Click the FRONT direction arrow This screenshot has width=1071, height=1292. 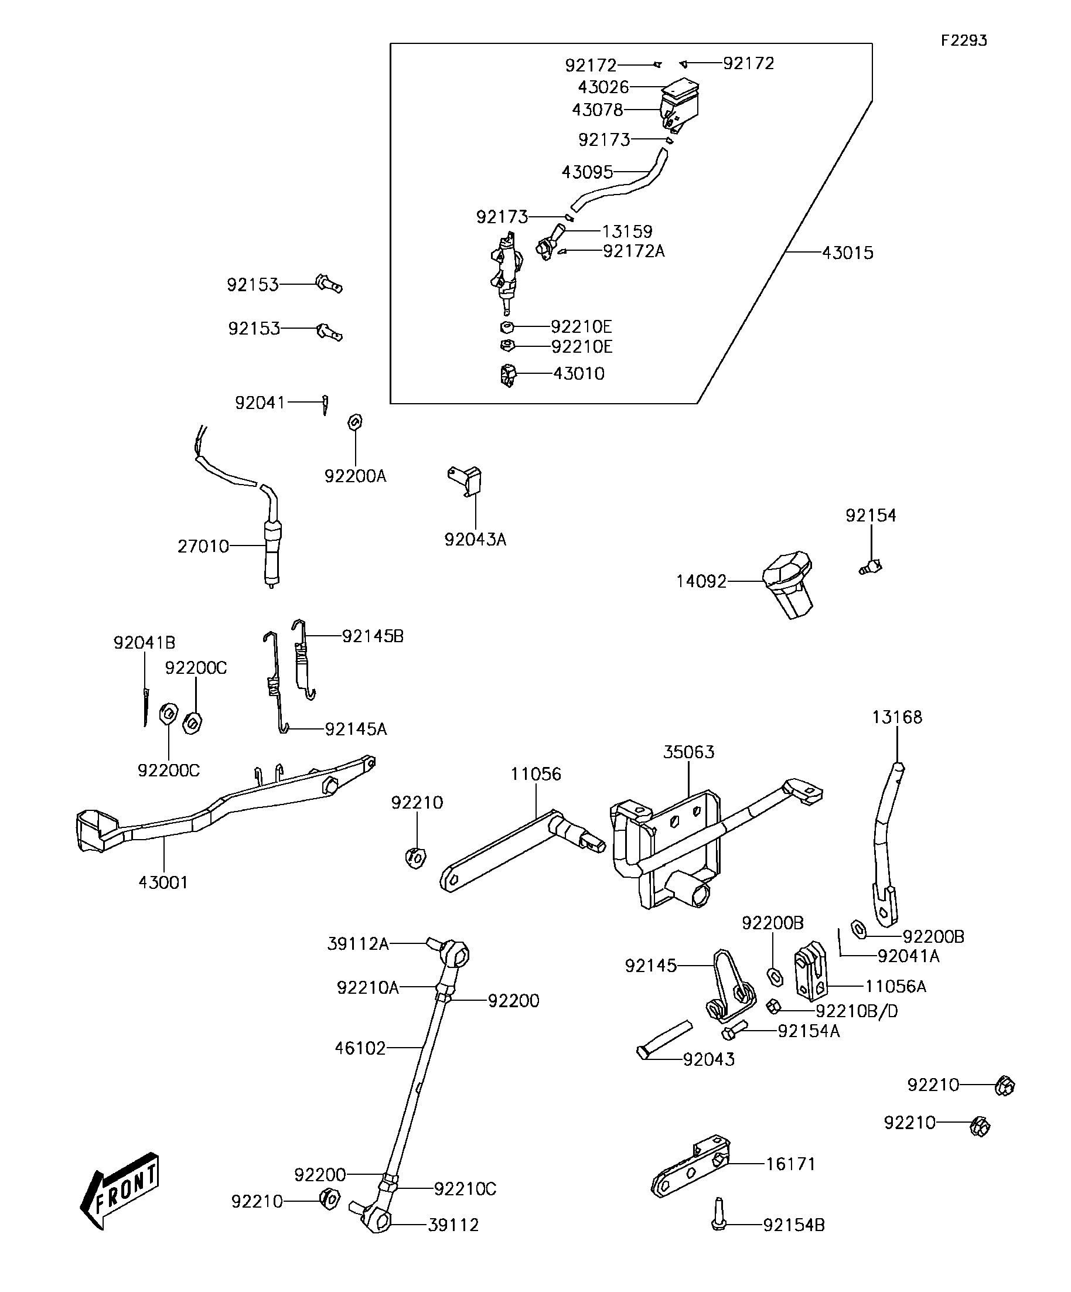coord(120,1190)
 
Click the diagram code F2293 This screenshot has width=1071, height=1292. coord(964,40)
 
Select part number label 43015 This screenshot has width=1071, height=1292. coord(848,253)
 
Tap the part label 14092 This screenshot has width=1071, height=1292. coord(701,581)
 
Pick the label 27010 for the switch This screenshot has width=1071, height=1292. coord(203,546)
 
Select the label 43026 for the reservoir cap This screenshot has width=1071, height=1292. coord(603,87)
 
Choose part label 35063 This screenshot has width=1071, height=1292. coord(689,752)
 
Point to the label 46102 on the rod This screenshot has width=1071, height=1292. coord(360,1048)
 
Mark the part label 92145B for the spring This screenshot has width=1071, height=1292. coord(373,636)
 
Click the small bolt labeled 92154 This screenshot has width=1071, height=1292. coord(871,567)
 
